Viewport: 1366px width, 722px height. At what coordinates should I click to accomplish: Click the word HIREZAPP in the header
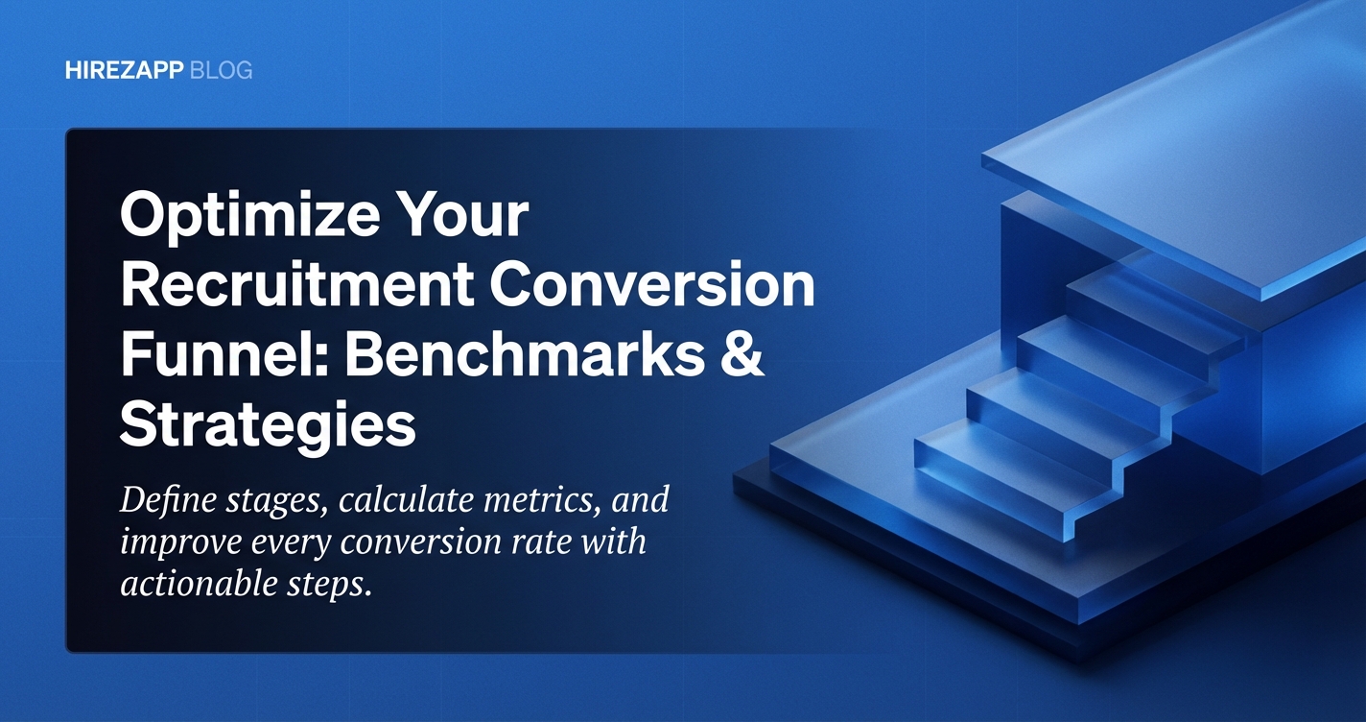124,71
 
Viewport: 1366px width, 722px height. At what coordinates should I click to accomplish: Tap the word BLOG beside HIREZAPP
222,71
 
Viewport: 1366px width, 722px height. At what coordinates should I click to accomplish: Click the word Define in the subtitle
170,500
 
